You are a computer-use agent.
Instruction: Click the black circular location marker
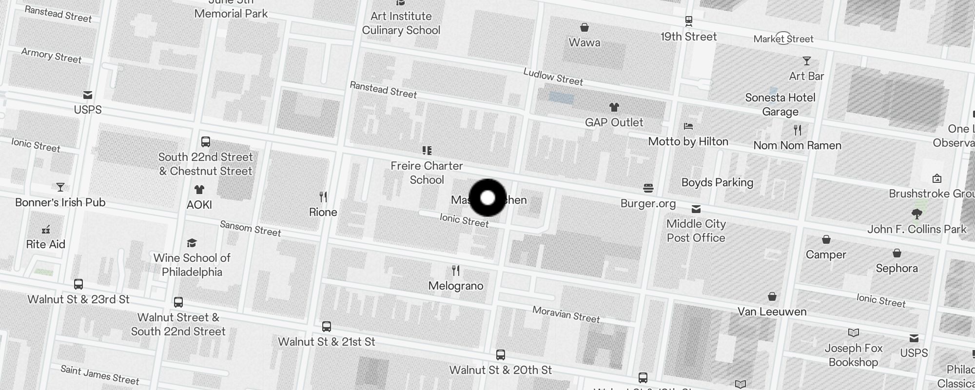[x=487, y=198]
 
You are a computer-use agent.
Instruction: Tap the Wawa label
[x=584, y=42]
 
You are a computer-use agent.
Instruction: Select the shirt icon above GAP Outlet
[x=614, y=107]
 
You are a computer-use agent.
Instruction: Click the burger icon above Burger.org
[x=648, y=188]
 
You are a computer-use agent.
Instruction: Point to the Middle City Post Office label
[x=696, y=231]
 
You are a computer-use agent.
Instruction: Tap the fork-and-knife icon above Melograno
[x=456, y=271]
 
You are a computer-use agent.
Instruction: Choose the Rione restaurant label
[x=323, y=212]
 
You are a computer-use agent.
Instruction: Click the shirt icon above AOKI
[x=199, y=190]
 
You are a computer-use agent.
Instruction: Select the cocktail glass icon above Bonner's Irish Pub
[x=60, y=187]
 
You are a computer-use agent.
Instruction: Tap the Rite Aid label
[x=45, y=244]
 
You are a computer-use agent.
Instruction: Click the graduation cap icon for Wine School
[x=192, y=243]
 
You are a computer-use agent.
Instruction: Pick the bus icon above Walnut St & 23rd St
[x=78, y=284]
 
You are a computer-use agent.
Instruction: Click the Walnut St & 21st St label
[x=326, y=342]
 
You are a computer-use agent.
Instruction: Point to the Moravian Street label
[x=565, y=314]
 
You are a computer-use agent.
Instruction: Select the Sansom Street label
[x=250, y=228]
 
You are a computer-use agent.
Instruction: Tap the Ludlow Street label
[x=553, y=77]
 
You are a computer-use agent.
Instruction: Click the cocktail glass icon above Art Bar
[x=806, y=61]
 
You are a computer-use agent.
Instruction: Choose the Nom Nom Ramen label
[x=797, y=145]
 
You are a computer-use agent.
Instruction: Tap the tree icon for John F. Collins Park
[x=916, y=214]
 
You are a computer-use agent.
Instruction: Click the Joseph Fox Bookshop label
[x=853, y=355]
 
